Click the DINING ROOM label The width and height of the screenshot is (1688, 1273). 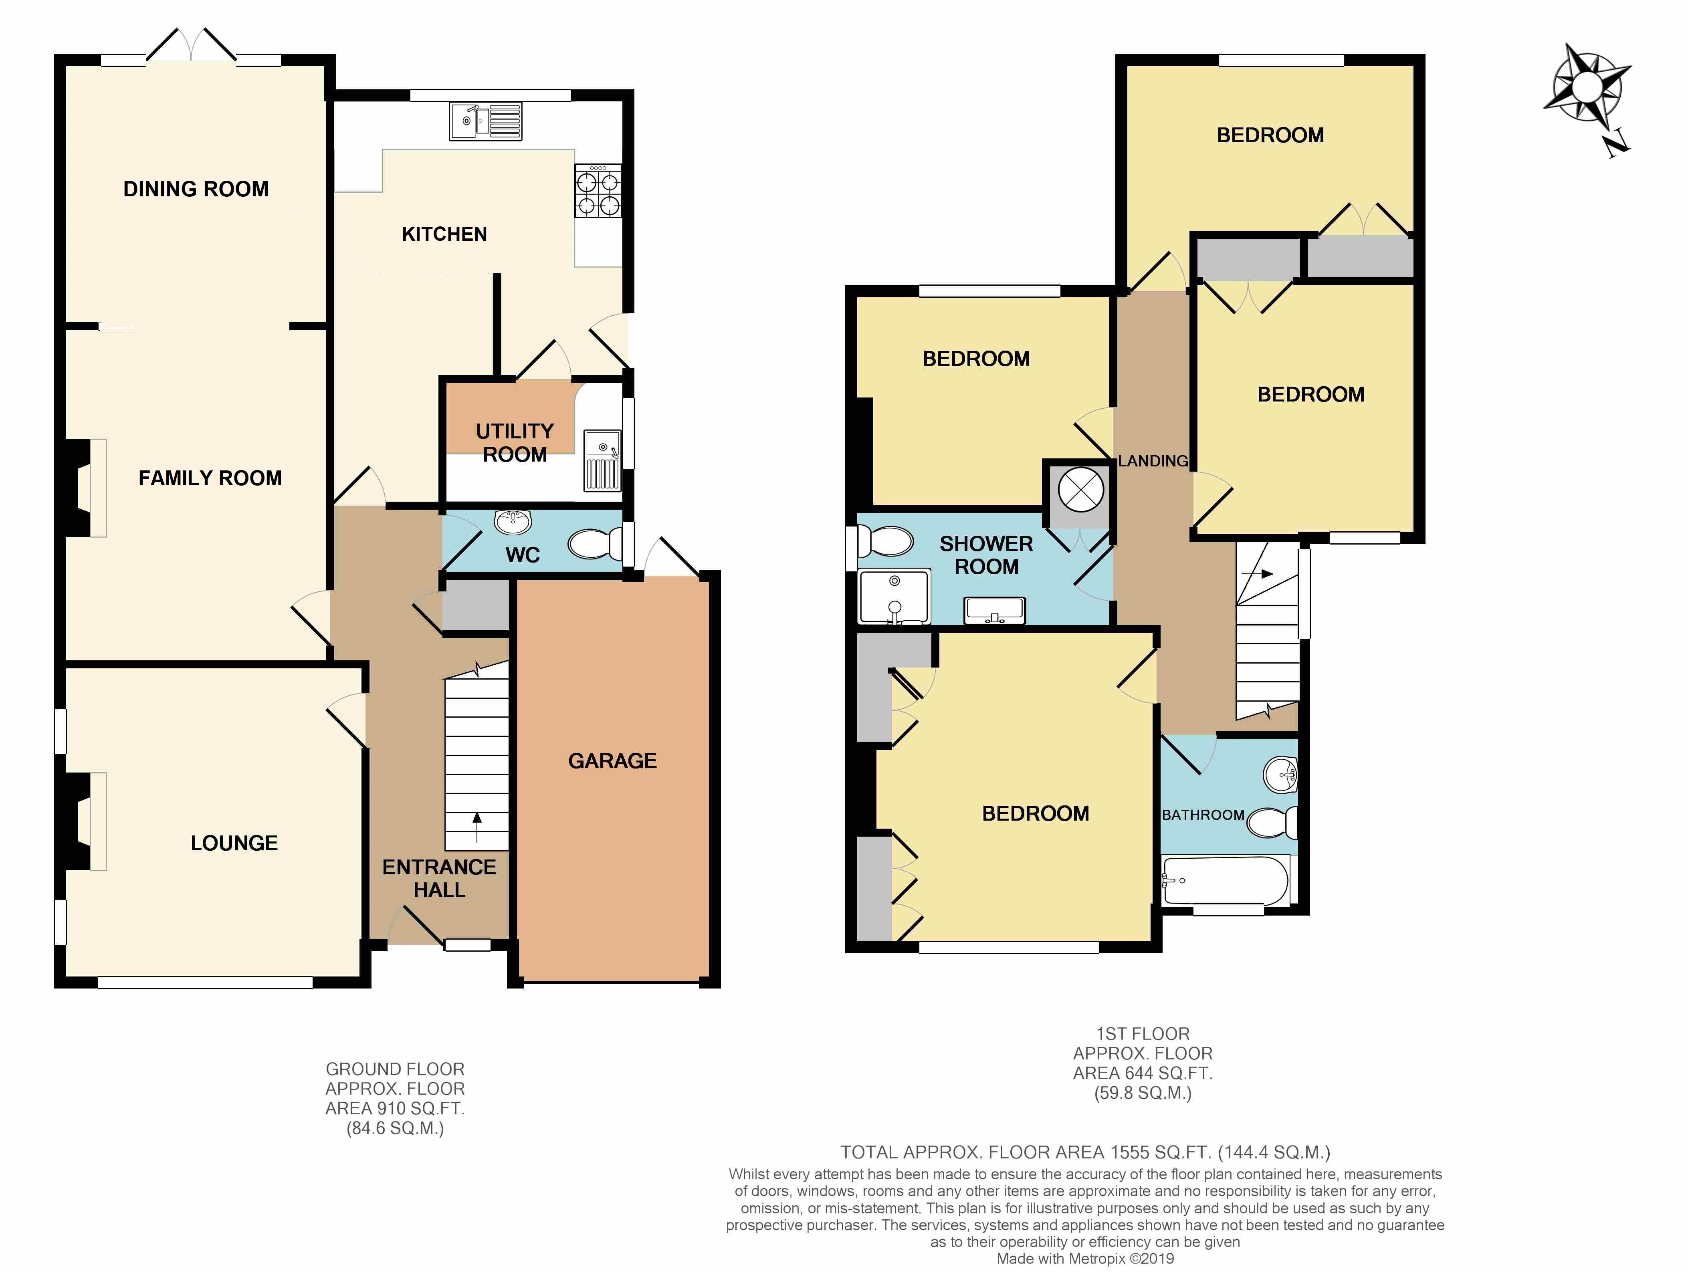click(x=196, y=189)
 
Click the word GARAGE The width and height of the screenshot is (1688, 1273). click(x=612, y=761)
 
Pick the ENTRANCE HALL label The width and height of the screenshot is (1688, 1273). click(x=439, y=878)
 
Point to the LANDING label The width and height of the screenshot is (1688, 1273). click(x=1152, y=461)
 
